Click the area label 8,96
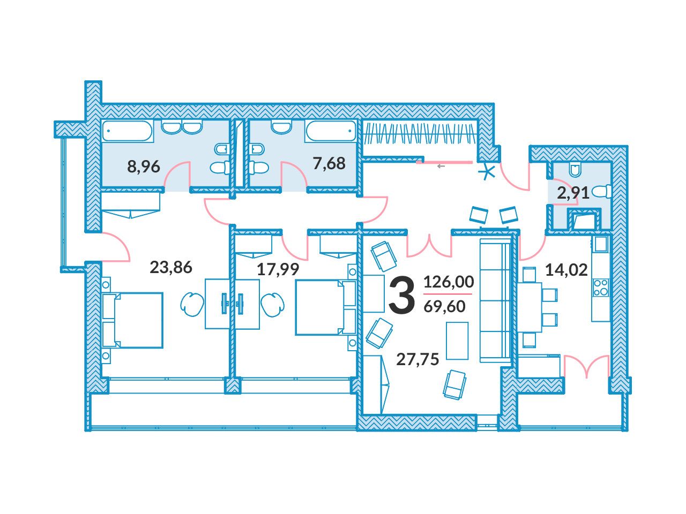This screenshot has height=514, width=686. coord(144,167)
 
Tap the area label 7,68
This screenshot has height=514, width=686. coord(329,163)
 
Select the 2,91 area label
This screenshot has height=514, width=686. coord(573,193)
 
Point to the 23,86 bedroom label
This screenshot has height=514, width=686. coord(170,268)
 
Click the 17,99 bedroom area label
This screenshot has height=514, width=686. coord(278,269)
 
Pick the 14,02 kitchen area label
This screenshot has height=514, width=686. coord(566,270)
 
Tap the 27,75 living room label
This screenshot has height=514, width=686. coord(417,359)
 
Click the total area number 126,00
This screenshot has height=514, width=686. coord(449,282)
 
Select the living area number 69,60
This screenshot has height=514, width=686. coord(444,306)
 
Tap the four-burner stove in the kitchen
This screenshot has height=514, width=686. coord(601,288)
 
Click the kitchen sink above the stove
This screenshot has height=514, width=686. coord(600,244)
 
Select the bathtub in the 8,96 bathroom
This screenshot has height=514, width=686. coord(128,131)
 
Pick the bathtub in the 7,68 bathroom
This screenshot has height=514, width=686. coord(331,131)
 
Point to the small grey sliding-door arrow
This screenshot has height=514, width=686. coord(441,167)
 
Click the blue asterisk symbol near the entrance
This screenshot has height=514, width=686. coord(487,172)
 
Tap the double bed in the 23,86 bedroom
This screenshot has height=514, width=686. coord(132,320)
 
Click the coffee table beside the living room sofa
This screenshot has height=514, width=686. coord(457,341)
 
